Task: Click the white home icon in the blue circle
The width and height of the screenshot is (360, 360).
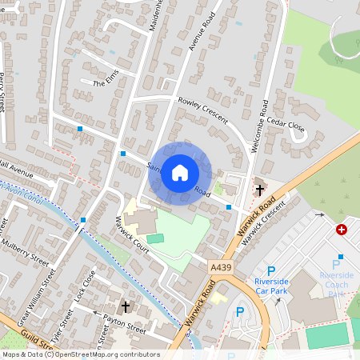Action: [180, 171]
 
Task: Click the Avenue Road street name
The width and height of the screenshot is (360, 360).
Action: [203, 33]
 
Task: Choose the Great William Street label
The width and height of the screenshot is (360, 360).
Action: [38, 289]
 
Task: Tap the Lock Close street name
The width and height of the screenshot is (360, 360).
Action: [85, 286]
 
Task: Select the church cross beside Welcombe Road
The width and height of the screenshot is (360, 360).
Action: [259, 190]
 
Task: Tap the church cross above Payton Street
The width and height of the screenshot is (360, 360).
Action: [125, 306]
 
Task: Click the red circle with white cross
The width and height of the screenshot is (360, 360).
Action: [342, 230]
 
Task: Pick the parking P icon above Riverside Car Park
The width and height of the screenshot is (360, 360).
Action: [270, 271]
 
